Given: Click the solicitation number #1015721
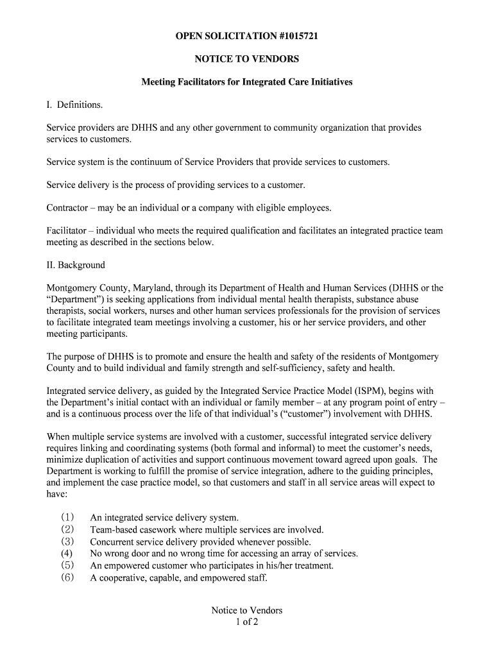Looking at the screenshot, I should point(293,37).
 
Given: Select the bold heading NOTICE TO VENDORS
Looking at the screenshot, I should point(247,60).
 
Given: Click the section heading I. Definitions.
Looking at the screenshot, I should point(74,105).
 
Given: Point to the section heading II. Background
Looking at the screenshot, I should point(76,265).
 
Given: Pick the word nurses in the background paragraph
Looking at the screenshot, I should point(167,311).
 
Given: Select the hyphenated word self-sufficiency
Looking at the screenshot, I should point(289,368).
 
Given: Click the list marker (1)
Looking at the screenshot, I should point(67,517).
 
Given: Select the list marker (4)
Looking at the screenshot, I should point(67,554).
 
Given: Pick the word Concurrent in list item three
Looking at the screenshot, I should point(112,542).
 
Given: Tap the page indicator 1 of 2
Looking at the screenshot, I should point(247,622).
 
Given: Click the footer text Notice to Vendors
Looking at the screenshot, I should point(247,611).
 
